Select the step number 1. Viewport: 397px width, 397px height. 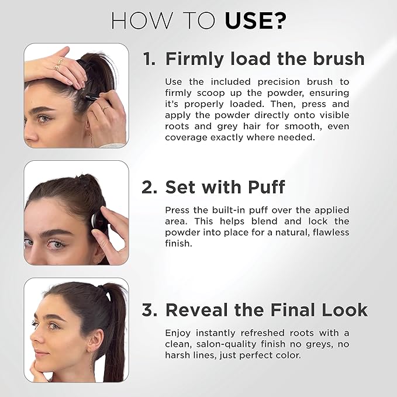[149, 59]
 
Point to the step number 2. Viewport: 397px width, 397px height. [149, 187]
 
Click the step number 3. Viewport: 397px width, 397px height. [149, 309]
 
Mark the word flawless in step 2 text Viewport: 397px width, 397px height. [329, 232]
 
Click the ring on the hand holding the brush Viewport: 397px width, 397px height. [105, 107]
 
